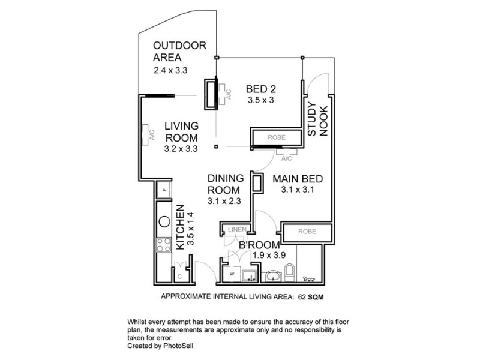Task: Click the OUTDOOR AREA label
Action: (x=179, y=52)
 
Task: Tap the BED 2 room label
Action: (x=260, y=90)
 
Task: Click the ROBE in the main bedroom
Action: (x=307, y=231)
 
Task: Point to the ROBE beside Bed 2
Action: (x=277, y=137)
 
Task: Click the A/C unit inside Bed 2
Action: (x=225, y=95)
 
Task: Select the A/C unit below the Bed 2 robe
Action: (x=286, y=157)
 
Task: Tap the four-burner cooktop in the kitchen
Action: (x=163, y=244)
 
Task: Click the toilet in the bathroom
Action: (x=289, y=272)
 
